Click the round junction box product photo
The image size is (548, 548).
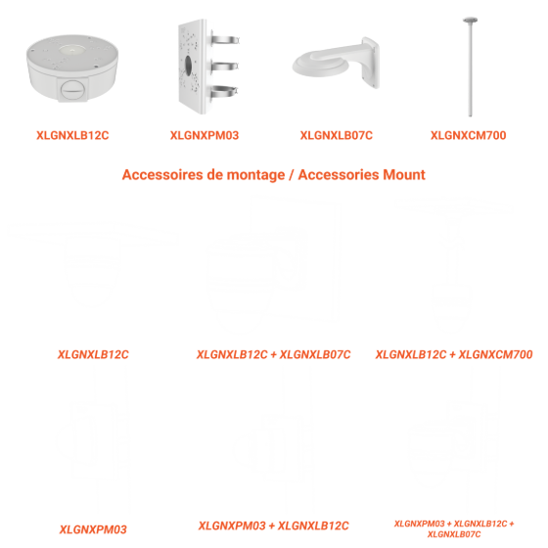(72, 68)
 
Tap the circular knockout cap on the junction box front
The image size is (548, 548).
(73, 90)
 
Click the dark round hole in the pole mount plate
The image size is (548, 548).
(188, 66)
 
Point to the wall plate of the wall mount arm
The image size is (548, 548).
(371, 62)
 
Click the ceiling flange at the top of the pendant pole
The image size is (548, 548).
(470, 20)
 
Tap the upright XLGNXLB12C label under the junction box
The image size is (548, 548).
(72, 135)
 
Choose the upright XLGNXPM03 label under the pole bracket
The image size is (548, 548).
(205, 135)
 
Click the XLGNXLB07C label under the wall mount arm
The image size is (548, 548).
(337, 135)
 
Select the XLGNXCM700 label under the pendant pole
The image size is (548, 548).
(469, 135)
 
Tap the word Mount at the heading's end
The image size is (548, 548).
(404, 175)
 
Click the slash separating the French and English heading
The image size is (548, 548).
(292, 175)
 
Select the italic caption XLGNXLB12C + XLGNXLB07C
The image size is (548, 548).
(274, 354)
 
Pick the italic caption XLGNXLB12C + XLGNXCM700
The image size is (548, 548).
(454, 354)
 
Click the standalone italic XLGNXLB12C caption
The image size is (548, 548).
(93, 354)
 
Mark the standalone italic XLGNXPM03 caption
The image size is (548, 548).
(93, 529)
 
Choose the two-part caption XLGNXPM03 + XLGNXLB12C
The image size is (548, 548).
(274, 526)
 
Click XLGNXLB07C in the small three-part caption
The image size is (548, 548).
(454, 534)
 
